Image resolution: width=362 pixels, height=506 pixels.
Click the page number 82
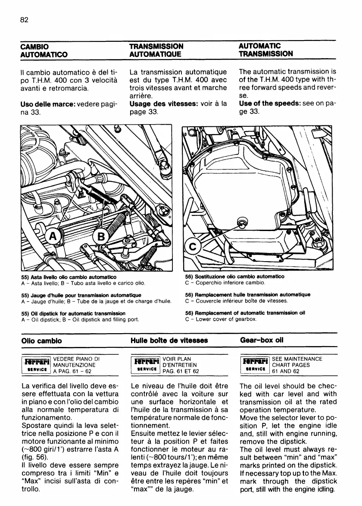pyautogui.click(x=24, y=20)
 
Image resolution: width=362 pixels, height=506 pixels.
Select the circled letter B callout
pyautogui.click(x=102, y=236)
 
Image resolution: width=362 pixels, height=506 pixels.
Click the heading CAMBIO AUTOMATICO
pyautogui.click(x=44, y=50)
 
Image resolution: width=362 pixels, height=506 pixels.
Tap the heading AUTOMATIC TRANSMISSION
pyautogui.click(x=265, y=50)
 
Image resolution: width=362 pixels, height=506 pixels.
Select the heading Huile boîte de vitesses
pyautogui.click(x=169, y=340)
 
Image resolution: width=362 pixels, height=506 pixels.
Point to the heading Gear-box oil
pyautogui.click(x=261, y=340)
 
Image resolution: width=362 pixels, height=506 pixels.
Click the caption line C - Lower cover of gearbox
pyautogui.click(x=221, y=319)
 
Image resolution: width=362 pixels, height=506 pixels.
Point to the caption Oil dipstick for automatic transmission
pyautogui.click(x=73, y=313)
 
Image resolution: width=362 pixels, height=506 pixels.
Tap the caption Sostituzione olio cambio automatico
pyautogui.click(x=234, y=277)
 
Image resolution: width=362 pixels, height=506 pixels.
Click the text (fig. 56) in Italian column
pyautogui.click(x=34, y=457)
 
